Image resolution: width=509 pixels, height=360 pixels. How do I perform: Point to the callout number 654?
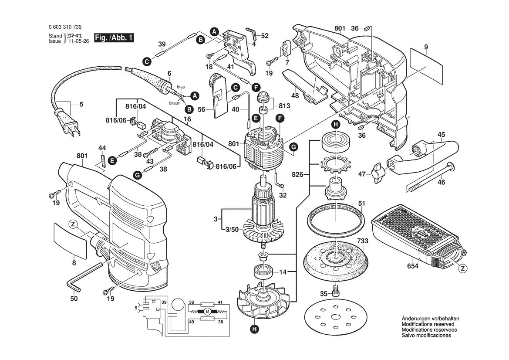412,265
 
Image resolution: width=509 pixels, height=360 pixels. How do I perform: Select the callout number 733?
362,241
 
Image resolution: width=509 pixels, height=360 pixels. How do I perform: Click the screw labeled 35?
336,290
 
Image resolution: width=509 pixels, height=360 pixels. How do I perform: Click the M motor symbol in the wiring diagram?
207,312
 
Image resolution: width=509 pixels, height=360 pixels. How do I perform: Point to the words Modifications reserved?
428,325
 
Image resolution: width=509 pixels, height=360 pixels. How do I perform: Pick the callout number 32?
283,195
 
